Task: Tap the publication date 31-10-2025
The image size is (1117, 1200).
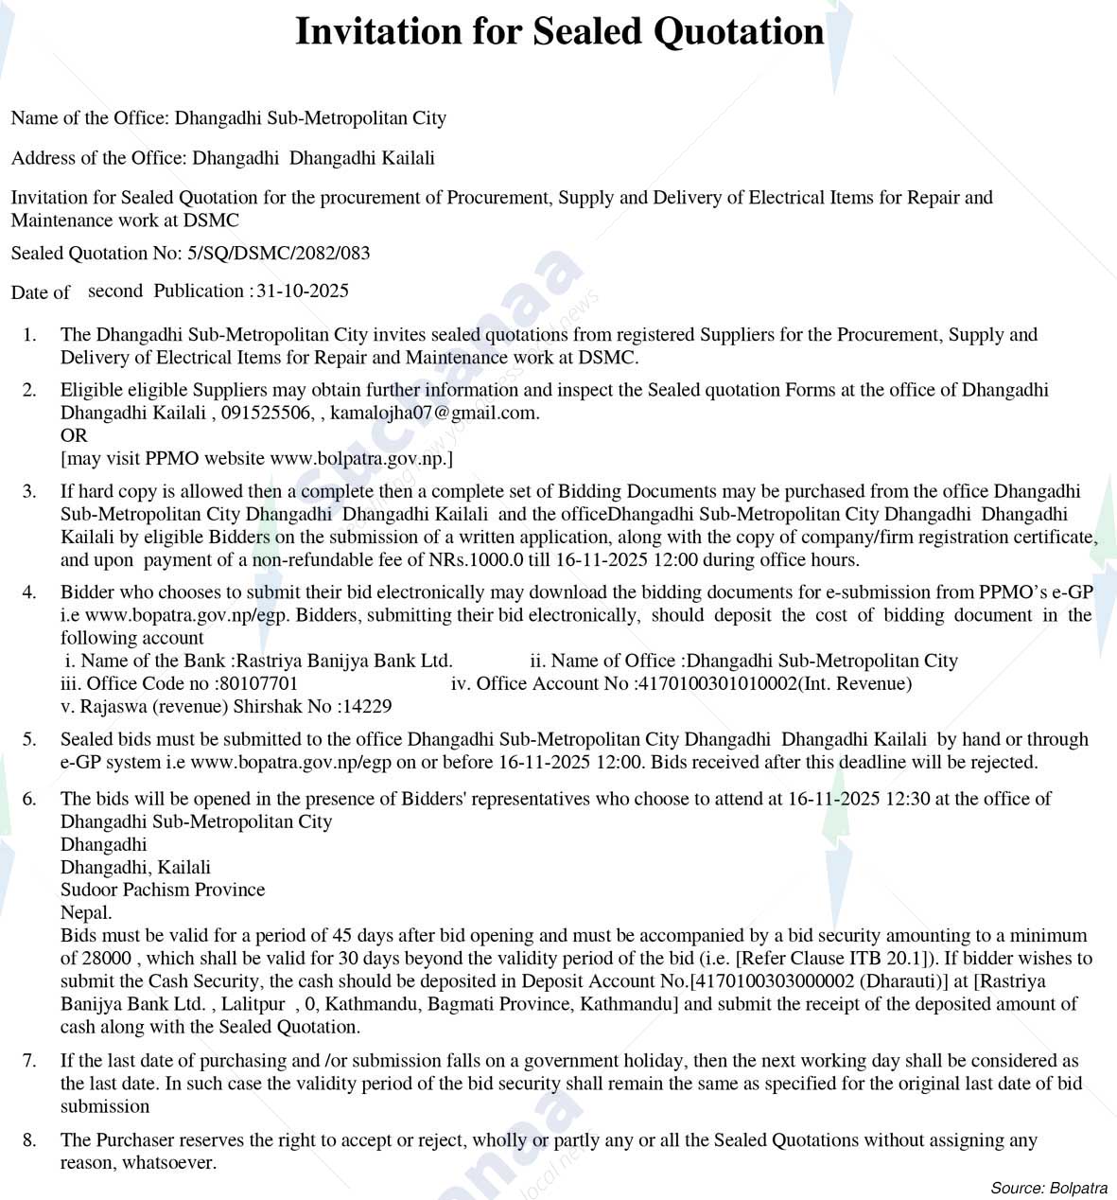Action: pos(303,291)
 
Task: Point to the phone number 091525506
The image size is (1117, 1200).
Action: pos(267,413)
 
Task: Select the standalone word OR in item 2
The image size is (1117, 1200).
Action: pos(74,435)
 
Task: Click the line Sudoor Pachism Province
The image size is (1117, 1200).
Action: pos(163,890)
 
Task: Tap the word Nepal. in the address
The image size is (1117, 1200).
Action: pos(86,912)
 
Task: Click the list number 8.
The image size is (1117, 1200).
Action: pos(29,1140)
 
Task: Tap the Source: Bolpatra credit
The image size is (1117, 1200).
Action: pos(1049,1188)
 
